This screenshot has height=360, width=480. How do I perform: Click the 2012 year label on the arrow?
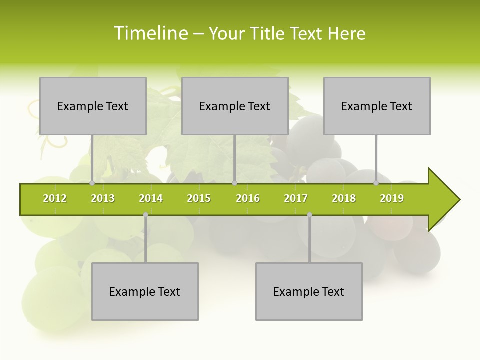[55, 198]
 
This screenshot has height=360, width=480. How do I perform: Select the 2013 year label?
[103, 198]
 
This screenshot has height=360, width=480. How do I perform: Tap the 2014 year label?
[151, 198]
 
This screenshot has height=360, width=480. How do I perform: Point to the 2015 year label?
[199, 198]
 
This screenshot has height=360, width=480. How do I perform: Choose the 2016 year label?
[248, 198]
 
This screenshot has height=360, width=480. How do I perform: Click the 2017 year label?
[296, 198]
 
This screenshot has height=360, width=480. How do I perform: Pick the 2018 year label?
[344, 198]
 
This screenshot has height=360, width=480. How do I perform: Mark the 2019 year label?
[392, 198]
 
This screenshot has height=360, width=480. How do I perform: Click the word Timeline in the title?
[150, 33]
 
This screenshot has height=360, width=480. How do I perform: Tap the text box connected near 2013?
[93, 106]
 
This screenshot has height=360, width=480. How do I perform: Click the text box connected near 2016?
[235, 106]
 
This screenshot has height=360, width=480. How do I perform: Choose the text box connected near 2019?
[377, 106]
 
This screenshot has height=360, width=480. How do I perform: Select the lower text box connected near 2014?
[145, 291]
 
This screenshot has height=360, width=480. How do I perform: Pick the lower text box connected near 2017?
[309, 291]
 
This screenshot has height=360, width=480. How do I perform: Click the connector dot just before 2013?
[92, 183]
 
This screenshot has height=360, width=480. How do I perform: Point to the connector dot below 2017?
[309, 215]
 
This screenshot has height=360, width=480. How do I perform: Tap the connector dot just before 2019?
[376, 183]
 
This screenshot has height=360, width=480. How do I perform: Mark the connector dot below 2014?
[145, 215]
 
